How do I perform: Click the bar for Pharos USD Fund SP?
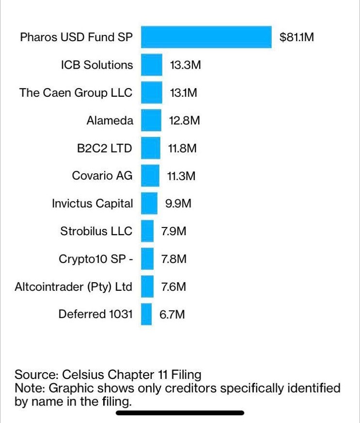[206, 37]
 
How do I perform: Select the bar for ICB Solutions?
[152, 65]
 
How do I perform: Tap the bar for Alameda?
[151, 121]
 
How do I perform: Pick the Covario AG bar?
[150, 176]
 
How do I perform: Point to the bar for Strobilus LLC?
[147, 231]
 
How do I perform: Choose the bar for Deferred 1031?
[146, 315]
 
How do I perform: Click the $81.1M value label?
[297, 37]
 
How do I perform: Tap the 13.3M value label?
[185, 65]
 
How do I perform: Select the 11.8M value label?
[182, 148]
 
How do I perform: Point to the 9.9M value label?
[178, 204]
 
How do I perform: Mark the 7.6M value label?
[173, 287]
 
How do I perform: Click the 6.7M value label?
[172, 315]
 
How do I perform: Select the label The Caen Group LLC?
[76, 93]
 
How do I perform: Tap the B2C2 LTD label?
[105, 148]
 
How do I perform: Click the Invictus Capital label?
[92, 204]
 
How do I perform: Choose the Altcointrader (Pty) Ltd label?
[74, 287]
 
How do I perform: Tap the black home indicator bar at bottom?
[180, 413]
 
